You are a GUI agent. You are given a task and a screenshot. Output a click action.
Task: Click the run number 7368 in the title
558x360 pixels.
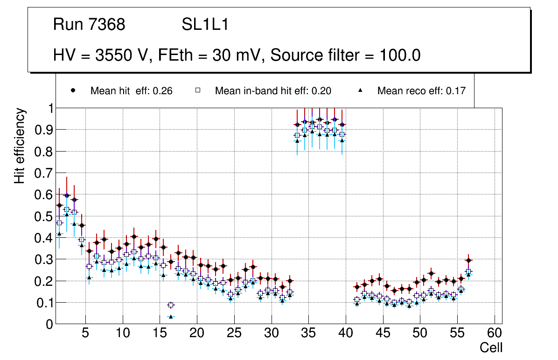107,24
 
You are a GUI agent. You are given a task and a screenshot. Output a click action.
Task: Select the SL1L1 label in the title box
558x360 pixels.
205,24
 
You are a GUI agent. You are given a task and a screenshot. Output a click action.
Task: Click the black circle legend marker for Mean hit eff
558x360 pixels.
73,91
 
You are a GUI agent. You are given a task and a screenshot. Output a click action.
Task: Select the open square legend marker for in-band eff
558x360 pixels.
197,91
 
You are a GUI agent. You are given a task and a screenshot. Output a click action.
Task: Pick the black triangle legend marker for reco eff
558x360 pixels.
361,91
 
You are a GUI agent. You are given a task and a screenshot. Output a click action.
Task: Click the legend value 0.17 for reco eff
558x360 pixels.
456,91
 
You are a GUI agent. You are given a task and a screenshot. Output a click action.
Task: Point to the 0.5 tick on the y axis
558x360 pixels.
45,216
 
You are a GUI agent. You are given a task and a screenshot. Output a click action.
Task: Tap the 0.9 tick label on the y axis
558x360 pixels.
45,130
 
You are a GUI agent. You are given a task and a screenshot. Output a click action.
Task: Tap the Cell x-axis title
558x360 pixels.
491,348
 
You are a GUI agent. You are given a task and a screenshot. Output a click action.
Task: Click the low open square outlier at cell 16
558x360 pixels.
171,305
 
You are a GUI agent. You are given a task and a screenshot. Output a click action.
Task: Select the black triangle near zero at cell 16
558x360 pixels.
171,317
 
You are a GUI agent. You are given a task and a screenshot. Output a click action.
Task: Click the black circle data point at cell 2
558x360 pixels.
67,196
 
